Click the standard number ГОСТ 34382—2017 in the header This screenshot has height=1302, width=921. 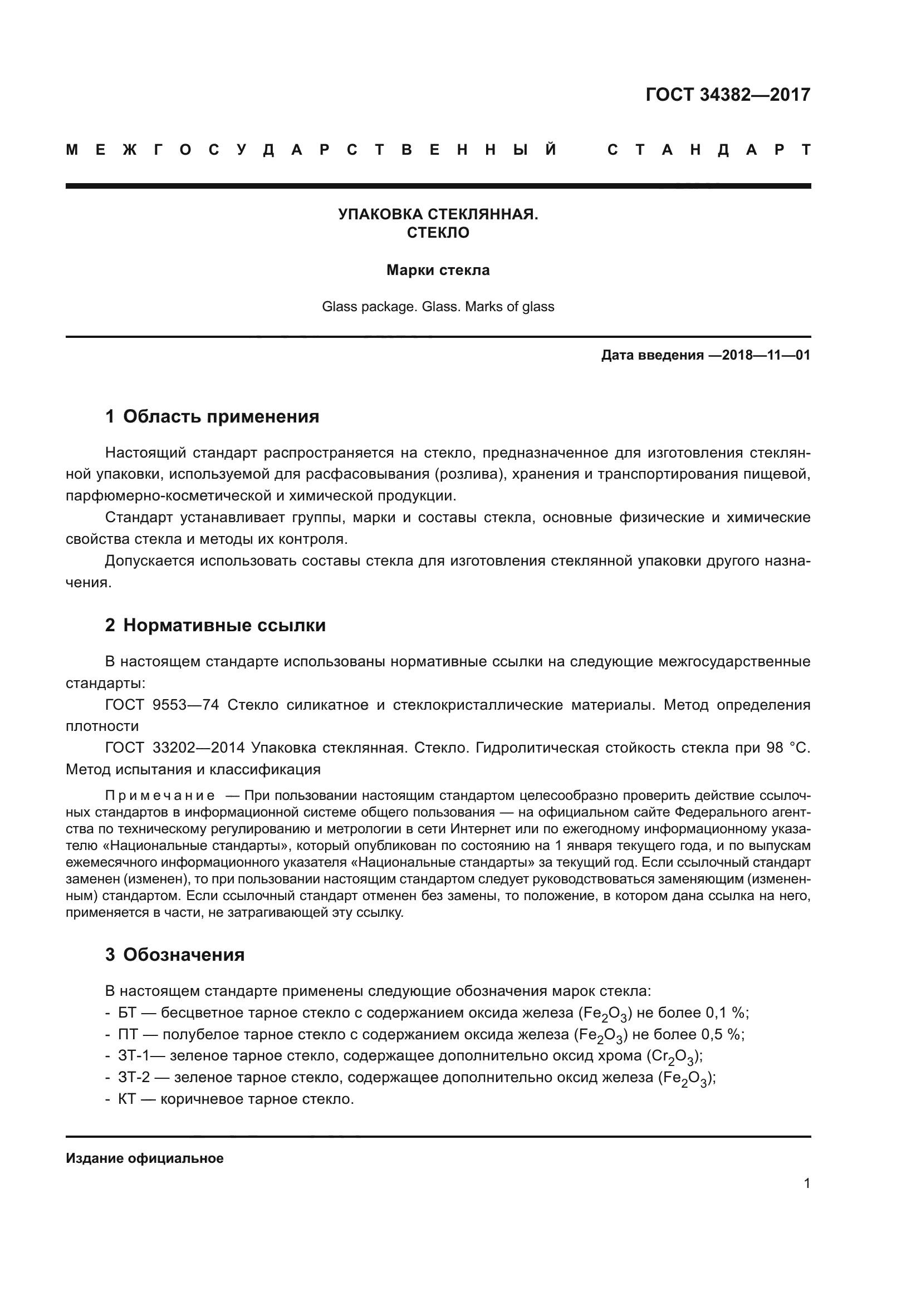pyautogui.click(x=728, y=95)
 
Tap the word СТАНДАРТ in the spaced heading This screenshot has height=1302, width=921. pyautogui.click(x=708, y=150)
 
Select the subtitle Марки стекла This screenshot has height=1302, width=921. pyautogui.click(x=438, y=271)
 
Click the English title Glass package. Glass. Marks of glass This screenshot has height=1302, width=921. pyautogui.click(x=438, y=307)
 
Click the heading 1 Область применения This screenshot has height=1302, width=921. pyautogui.click(x=212, y=417)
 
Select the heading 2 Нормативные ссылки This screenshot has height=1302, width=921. pyautogui.click(x=215, y=626)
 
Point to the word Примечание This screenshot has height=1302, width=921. pyautogui.click(x=160, y=795)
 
